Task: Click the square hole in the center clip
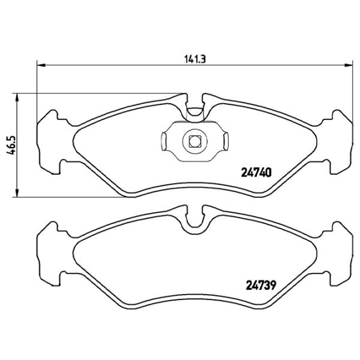tap(194, 142)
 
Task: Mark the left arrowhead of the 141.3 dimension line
tap(41, 65)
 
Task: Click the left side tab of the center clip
tap(163, 142)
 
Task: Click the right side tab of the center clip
tap(226, 142)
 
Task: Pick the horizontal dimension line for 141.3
tap(120, 65)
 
